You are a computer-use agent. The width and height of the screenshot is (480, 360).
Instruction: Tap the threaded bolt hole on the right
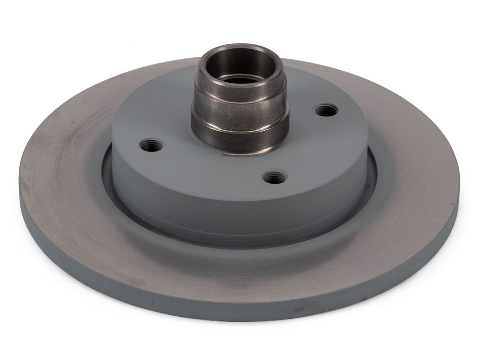327,110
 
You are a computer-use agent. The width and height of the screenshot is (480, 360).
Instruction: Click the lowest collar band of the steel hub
240,138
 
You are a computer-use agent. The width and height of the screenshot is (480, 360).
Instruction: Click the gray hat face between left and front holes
208,172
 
